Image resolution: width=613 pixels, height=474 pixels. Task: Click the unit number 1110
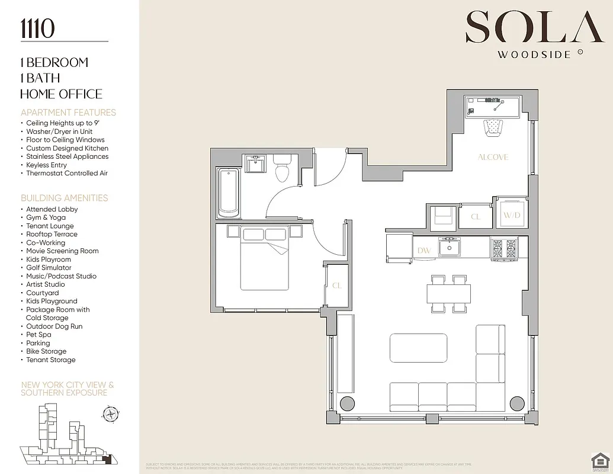38,28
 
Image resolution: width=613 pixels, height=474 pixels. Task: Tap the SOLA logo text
527,28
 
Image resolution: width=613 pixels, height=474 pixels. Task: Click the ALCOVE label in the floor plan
493,157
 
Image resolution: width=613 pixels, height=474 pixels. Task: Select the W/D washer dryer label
511,214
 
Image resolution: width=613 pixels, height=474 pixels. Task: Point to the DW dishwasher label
424,251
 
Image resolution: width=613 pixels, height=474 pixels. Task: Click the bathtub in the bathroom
228,193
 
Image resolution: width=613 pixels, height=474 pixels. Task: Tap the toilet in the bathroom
282,169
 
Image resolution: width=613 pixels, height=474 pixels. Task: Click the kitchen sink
450,246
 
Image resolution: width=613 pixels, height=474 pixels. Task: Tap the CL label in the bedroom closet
336,286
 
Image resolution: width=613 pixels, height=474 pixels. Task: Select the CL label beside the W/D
476,217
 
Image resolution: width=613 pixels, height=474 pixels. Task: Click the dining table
449,293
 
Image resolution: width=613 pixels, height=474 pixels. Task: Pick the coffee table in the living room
418,348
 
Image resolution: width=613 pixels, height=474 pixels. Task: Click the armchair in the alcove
493,127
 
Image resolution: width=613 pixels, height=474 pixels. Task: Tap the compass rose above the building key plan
111,413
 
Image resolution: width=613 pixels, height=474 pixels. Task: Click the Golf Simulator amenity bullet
49,268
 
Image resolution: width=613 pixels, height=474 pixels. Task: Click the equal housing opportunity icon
599,460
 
